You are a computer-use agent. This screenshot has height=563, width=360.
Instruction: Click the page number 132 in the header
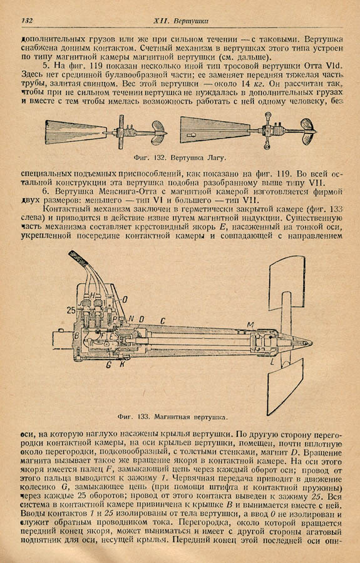click(27, 21)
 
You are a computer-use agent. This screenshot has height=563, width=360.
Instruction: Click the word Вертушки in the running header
click(191, 21)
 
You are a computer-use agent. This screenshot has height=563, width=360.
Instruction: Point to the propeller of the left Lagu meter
click(158, 133)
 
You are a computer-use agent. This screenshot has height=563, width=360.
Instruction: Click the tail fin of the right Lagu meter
click(215, 131)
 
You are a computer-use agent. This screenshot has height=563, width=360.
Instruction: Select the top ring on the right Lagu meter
click(268, 115)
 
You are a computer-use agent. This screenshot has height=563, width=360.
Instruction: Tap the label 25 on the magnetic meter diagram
click(71, 310)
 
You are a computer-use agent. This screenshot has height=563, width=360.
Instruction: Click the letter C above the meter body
click(162, 319)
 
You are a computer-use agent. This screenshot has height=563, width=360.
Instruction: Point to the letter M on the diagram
click(250, 325)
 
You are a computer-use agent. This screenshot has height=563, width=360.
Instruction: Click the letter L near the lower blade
click(272, 363)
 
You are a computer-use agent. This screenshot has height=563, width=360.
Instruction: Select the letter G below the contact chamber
click(108, 365)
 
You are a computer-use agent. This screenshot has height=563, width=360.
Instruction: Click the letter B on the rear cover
click(76, 336)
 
